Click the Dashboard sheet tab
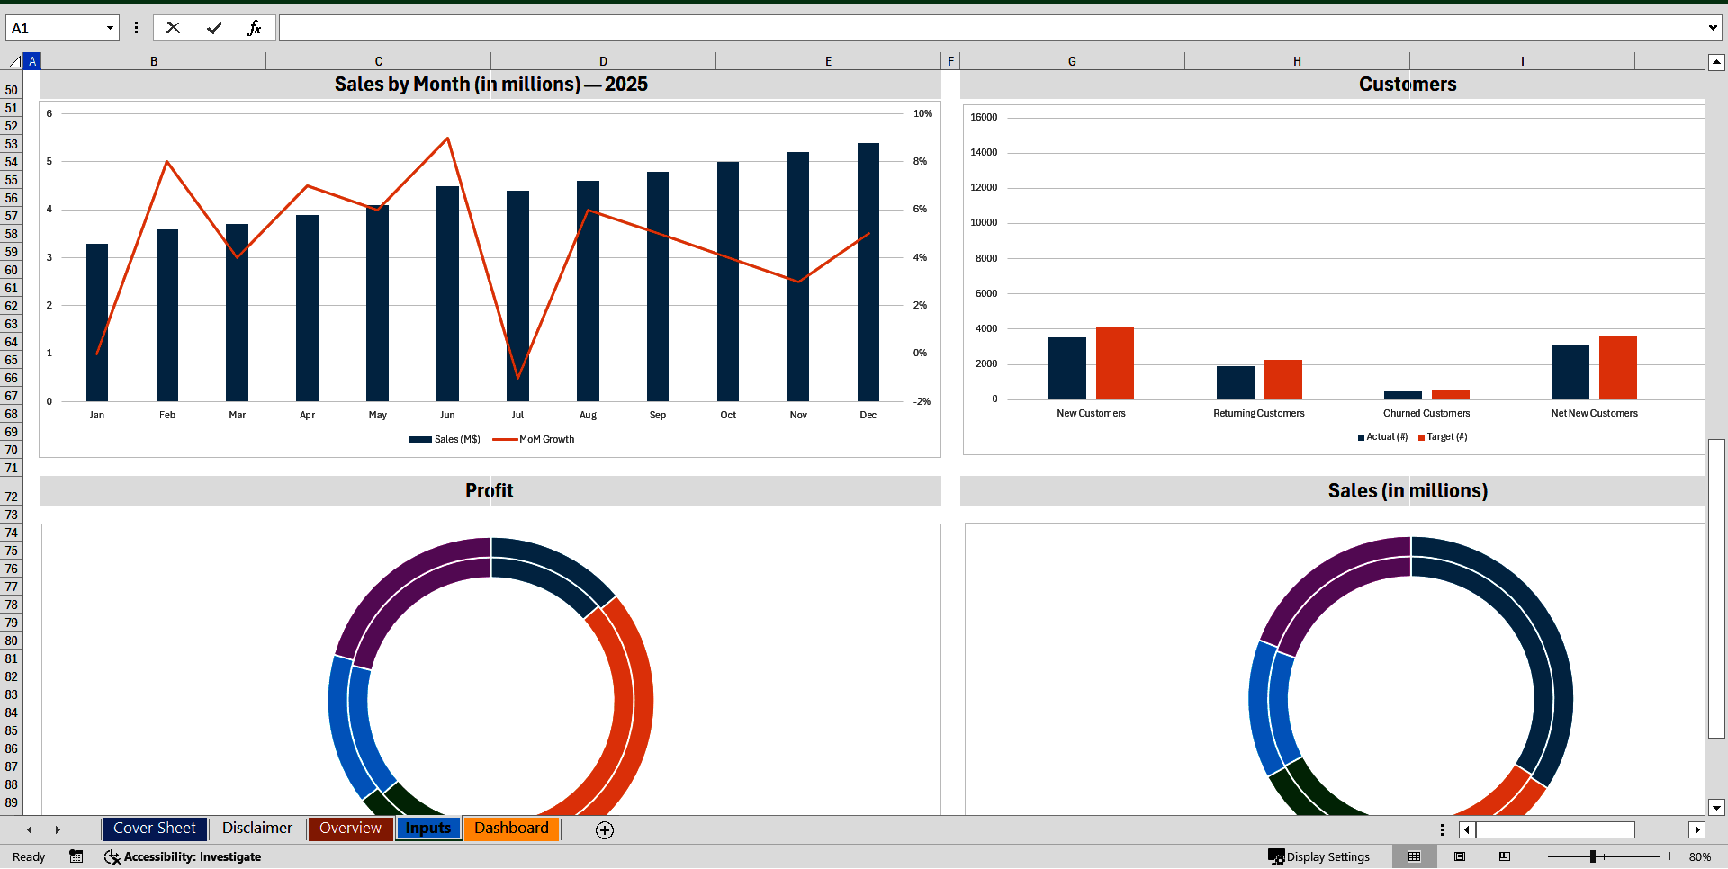click(511, 829)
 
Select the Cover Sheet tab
click(154, 829)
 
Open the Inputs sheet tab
click(427, 829)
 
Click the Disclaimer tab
click(256, 829)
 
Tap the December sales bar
click(868, 270)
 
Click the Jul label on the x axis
click(517, 415)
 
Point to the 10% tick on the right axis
click(922, 114)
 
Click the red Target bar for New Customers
click(1114, 363)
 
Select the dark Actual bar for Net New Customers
click(1570, 372)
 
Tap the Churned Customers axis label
click(1426, 413)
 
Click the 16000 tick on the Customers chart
click(984, 118)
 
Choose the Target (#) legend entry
click(1446, 437)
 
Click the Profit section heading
click(490, 491)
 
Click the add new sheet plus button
click(605, 830)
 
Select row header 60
click(11, 270)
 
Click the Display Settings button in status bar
click(1319, 856)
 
